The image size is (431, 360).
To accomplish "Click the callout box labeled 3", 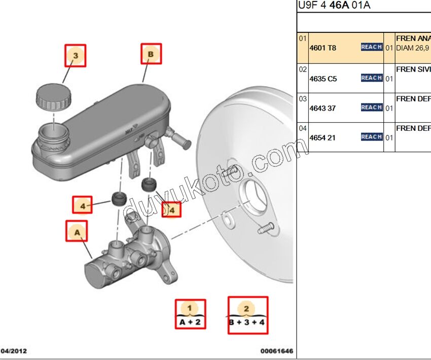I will click(x=75, y=55).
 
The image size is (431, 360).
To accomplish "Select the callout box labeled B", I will click(x=151, y=54).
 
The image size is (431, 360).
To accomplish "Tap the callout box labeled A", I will click(x=77, y=231).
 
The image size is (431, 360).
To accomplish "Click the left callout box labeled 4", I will click(x=83, y=205).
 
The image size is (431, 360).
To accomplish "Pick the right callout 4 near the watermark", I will click(x=171, y=209).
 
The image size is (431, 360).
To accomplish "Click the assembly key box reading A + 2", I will click(x=190, y=314).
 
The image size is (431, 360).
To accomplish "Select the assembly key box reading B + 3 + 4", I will click(x=247, y=315).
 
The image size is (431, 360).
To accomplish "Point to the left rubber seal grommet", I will click(x=118, y=198).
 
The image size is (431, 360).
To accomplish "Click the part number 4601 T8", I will click(x=323, y=48).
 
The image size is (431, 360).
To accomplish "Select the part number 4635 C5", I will click(x=323, y=79).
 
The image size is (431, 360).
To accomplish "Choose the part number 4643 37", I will click(x=322, y=108).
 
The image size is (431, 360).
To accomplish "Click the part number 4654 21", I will click(x=322, y=137).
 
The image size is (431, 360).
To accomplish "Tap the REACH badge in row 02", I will click(x=371, y=78).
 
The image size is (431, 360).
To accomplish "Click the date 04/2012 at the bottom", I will click(x=14, y=351).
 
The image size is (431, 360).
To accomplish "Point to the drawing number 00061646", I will click(x=276, y=351).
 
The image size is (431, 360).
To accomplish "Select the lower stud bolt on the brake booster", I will click(x=266, y=229).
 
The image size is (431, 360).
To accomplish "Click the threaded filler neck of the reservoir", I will click(x=51, y=134).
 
